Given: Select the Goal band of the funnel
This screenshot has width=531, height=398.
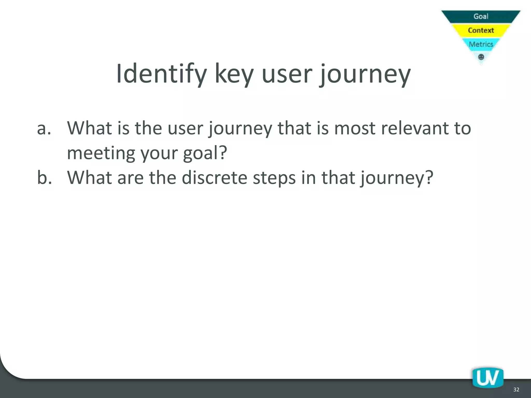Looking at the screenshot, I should pyautogui.click(x=481, y=16).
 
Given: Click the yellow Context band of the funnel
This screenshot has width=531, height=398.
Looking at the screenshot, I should pyautogui.click(x=481, y=30).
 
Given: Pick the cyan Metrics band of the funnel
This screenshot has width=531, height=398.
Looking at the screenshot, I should pyautogui.click(x=481, y=44).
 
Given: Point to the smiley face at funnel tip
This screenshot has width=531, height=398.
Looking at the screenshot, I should pyautogui.click(x=481, y=57).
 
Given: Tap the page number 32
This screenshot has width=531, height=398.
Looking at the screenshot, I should pyautogui.click(x=516, y=389).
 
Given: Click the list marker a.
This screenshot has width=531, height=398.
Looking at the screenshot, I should pyautogui.click(x=44, y=128).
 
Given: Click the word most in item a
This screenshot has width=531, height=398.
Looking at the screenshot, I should pyautogui.click(x=354, y=128).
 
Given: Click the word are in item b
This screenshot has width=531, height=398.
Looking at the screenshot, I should pyautogui.click(x=130, y=178).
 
